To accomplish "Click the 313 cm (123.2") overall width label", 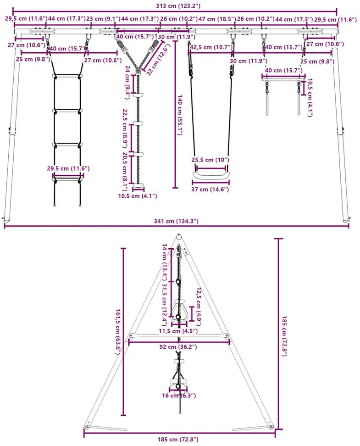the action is coord(178,6).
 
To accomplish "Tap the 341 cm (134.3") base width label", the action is coord(176,221).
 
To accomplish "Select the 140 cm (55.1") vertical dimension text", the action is coord(179,115).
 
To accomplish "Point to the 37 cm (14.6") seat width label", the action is coord(210,189).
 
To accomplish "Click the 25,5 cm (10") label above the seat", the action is coord(210,160).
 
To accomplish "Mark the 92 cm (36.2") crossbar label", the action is coord(178,347).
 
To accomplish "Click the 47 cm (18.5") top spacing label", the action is coord(217,19).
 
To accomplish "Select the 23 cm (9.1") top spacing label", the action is coord(103,19).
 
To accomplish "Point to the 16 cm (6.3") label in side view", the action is coord(179,396).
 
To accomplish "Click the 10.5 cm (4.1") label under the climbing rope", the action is coord(138,195).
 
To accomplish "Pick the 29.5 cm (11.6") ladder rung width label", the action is coord(68,168).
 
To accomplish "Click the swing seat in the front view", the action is coord(210,174).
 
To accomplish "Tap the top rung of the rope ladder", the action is coord(67,76).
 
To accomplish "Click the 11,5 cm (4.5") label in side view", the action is coord(178,331).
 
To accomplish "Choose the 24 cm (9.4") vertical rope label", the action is coord(127,83).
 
